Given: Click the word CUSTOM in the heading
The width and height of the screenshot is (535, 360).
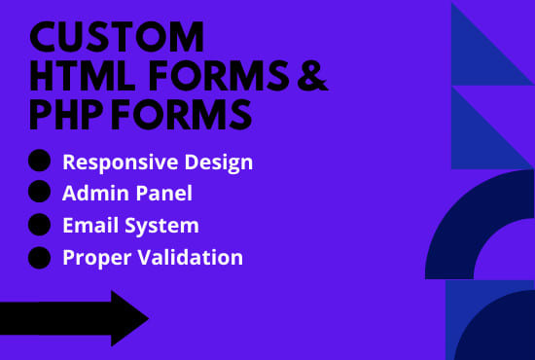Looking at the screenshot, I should [118, 39].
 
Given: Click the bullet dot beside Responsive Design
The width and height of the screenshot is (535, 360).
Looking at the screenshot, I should [39, 162].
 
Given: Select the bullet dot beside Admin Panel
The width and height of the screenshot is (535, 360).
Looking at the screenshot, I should [39, 193].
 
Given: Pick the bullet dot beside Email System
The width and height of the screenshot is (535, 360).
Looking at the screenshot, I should [39, 225].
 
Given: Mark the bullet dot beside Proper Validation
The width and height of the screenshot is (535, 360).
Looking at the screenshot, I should [39, 258].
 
